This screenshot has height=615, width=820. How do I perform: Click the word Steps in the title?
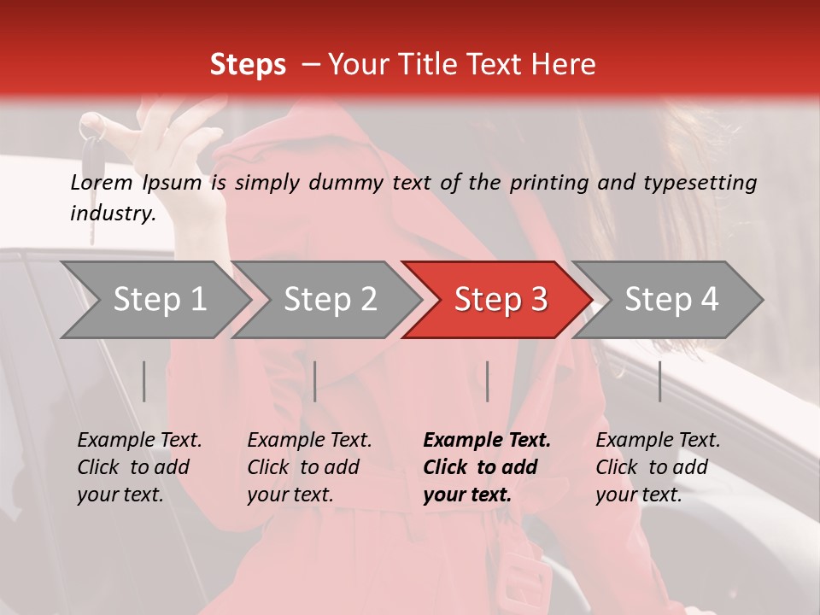248,65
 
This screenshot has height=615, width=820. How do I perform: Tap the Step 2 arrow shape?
329,300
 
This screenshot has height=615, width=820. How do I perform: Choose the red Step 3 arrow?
500,300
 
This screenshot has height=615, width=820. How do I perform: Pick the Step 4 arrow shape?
671,300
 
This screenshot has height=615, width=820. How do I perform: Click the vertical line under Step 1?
144,381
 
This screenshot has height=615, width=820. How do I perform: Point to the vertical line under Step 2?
315,381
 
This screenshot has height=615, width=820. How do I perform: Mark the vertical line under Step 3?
487,381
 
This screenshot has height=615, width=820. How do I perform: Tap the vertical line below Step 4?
659,381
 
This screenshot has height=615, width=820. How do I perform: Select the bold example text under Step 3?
487,467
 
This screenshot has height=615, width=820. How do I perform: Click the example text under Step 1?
139,467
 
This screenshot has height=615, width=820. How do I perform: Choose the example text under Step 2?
309,467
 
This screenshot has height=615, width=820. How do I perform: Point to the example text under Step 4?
658,467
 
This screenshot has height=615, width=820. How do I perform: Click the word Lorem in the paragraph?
102,182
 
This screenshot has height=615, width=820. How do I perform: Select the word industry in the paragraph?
112,214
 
